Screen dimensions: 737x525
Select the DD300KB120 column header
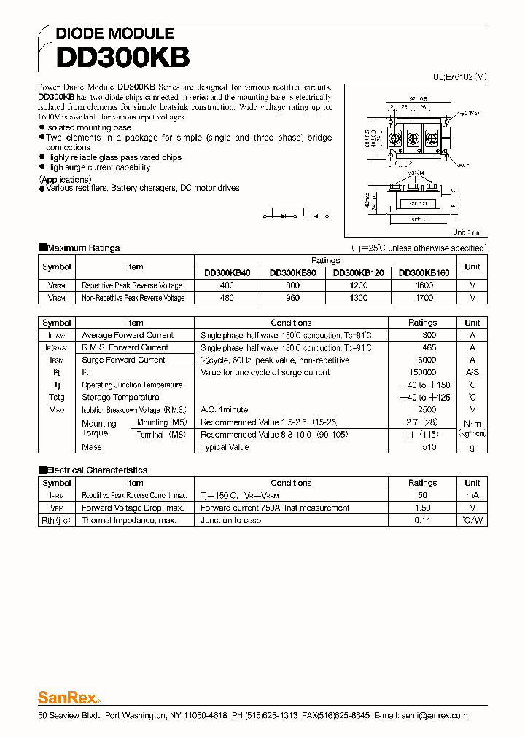(x=359, y=273)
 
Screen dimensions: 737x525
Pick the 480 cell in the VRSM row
(x=227, y=298)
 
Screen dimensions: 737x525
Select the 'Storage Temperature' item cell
(x=120, y=397)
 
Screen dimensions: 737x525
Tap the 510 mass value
(x=429, y=447)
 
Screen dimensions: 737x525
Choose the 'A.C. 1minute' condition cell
(x=224, y=409)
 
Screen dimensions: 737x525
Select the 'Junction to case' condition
(x=230, y=520)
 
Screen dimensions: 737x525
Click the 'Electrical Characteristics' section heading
(x=96, y=470)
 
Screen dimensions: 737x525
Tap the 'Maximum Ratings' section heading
(x=82, y=248)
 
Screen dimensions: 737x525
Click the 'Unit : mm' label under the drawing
(x=467, y=232)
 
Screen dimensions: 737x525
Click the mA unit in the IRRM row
(x=472, y=495)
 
